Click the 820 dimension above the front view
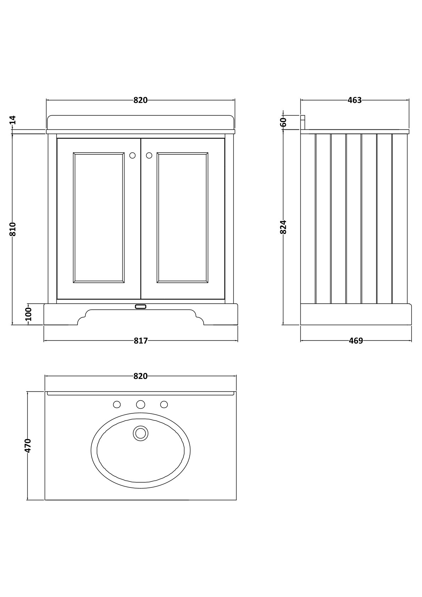pos(140,100)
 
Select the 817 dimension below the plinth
pos(141,341)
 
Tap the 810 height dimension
pos(13,229)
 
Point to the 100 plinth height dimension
pos(29,314)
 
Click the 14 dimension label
pos(13,120)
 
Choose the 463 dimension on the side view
pos(355,100)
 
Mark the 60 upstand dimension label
pos(283,122)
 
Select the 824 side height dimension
pos(283,227)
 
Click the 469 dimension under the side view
pos(356,341)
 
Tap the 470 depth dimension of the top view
pos(28,445)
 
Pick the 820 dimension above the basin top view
pos(140,376)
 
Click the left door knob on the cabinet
pos(133,155)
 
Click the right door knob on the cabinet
pos(149,155)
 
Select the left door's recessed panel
pos(99,218)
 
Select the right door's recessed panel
pos(182,218)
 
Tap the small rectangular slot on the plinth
pos(141,307)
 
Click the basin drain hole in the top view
pos(141,433)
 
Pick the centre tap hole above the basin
pos(141,404)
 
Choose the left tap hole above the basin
pos(117,404)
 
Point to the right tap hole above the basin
pos(164,404)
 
